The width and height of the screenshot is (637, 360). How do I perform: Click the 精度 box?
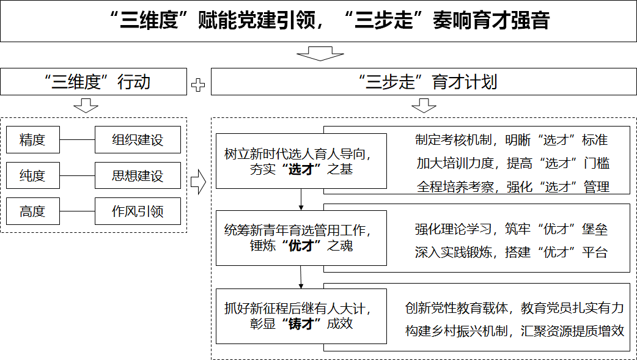coord(33,139)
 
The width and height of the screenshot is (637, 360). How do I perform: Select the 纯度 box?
coord(33,175)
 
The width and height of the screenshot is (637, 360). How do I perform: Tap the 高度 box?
coord(33,211)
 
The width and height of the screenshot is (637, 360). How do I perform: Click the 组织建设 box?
coord(138,139)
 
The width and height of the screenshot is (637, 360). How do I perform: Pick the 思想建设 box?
coord(138,175)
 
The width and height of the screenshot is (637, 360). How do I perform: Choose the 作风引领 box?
coord(138,211)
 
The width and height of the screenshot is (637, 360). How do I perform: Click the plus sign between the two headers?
coord(198,85)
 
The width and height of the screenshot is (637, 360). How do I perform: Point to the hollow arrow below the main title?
coord(320,54)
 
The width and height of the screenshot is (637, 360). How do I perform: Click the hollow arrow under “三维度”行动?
coord(86,105)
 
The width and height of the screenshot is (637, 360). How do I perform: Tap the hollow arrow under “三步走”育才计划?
coord(424,105)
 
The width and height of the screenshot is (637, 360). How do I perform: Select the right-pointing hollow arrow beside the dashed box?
coord(198,182)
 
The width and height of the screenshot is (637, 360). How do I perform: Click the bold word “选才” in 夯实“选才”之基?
coord(301,169)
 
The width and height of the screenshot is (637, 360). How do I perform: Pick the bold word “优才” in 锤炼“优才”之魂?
coord(301,246)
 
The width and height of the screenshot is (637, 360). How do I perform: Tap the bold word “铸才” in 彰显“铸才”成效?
coord(301,323)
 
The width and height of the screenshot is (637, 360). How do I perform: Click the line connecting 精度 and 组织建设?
coord(77,140)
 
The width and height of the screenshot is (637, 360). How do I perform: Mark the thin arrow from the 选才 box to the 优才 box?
coord(301,199)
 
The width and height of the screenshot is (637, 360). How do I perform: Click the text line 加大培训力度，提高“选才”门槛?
coord(513,163)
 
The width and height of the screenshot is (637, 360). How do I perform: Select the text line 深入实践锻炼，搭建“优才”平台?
coord(511,252)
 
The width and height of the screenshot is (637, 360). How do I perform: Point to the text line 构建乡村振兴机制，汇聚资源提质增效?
coord(514,331)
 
